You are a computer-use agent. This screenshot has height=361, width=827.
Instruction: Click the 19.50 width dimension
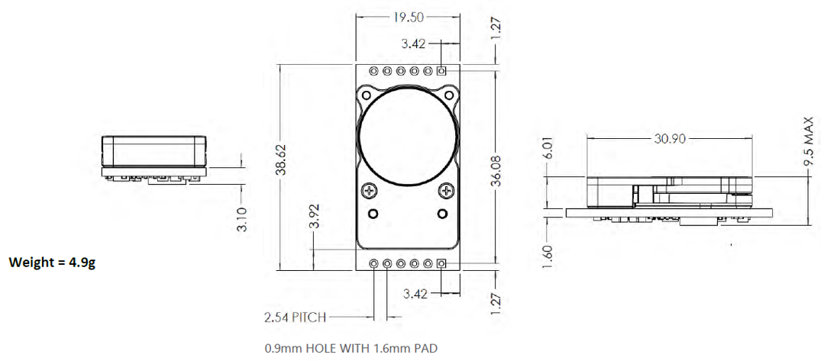pyautogui.click(x=409, y=18)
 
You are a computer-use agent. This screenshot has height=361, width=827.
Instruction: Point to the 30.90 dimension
pyautogui.click(x=670, y=139)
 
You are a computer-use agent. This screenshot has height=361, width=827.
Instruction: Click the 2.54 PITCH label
pyautogui.click(x=292, y=316)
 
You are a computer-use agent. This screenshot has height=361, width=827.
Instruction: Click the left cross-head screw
pyautogui.click(x=371, y=190)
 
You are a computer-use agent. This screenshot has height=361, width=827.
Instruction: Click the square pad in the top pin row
pyautogui.click(x=441, y=71)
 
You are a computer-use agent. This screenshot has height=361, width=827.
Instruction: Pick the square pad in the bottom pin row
pyautogui.click(x=441, y=264)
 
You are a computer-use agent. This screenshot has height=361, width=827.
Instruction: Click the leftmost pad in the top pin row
pyautogui.click(x=374, y=71)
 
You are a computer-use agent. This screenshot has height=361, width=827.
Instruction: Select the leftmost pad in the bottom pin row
pyautogui.click(x=374, y=264)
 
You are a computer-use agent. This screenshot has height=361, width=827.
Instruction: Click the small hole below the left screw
pyautogui.click(x=374, y=212)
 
